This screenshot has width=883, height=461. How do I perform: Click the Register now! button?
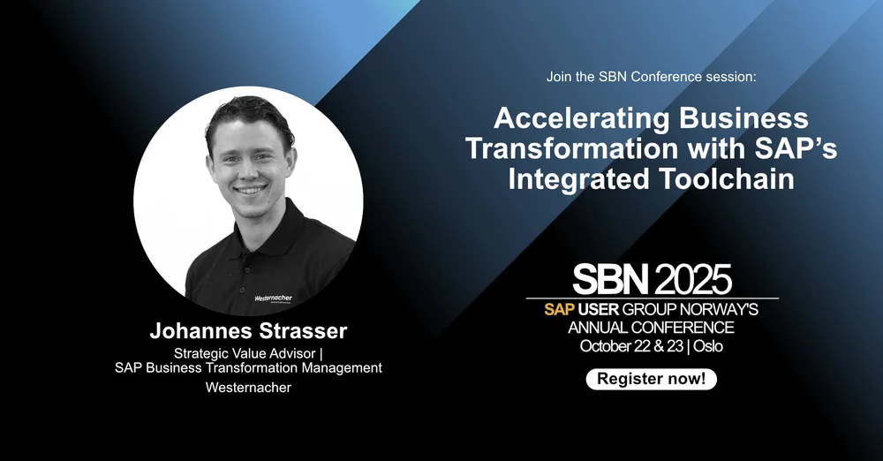click(x=651, y=379)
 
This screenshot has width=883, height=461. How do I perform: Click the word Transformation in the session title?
click(x=572, y=148)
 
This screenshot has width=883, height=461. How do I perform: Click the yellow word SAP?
click(x=559, y=309)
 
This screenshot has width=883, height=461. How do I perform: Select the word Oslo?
click(x=708, y=346)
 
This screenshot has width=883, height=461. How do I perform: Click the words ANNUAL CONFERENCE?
click(x=651, y=328)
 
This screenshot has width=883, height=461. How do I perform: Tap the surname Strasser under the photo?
click(x=305, y=331)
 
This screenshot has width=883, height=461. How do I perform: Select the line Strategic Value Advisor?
click(x=245, y=353)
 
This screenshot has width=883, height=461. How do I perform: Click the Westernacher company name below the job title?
click(x=248, y=388)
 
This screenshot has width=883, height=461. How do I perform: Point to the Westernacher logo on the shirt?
click(x=273, y=299)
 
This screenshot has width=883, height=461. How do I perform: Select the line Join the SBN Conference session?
click(x=651, y=77)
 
